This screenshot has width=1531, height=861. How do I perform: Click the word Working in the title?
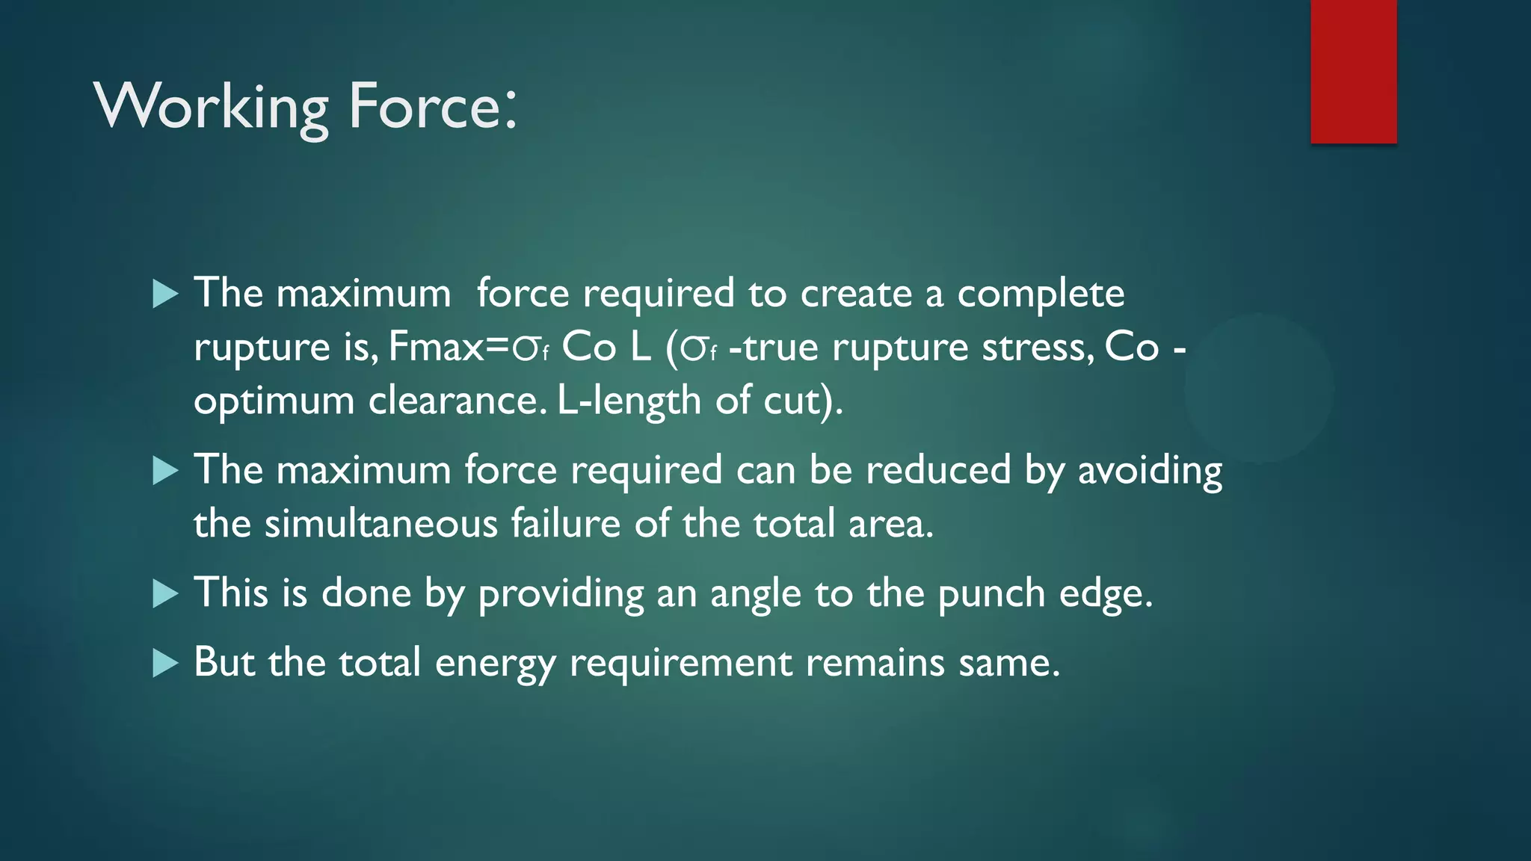(212, 107)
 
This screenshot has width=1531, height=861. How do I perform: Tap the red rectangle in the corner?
(1353, 72)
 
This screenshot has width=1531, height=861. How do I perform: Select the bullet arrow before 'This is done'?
(165, 594)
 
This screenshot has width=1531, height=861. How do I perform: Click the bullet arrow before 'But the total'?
(165, 663)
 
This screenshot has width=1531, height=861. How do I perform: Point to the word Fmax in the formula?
(437, 347)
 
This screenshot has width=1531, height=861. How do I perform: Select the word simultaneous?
(381, 523)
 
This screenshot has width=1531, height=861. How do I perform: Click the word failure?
(566, 523)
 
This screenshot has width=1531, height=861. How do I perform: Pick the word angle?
(756, 595)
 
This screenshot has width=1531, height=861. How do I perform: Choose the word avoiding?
(1150, 471)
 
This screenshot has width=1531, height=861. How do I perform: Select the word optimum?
(274, 402)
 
